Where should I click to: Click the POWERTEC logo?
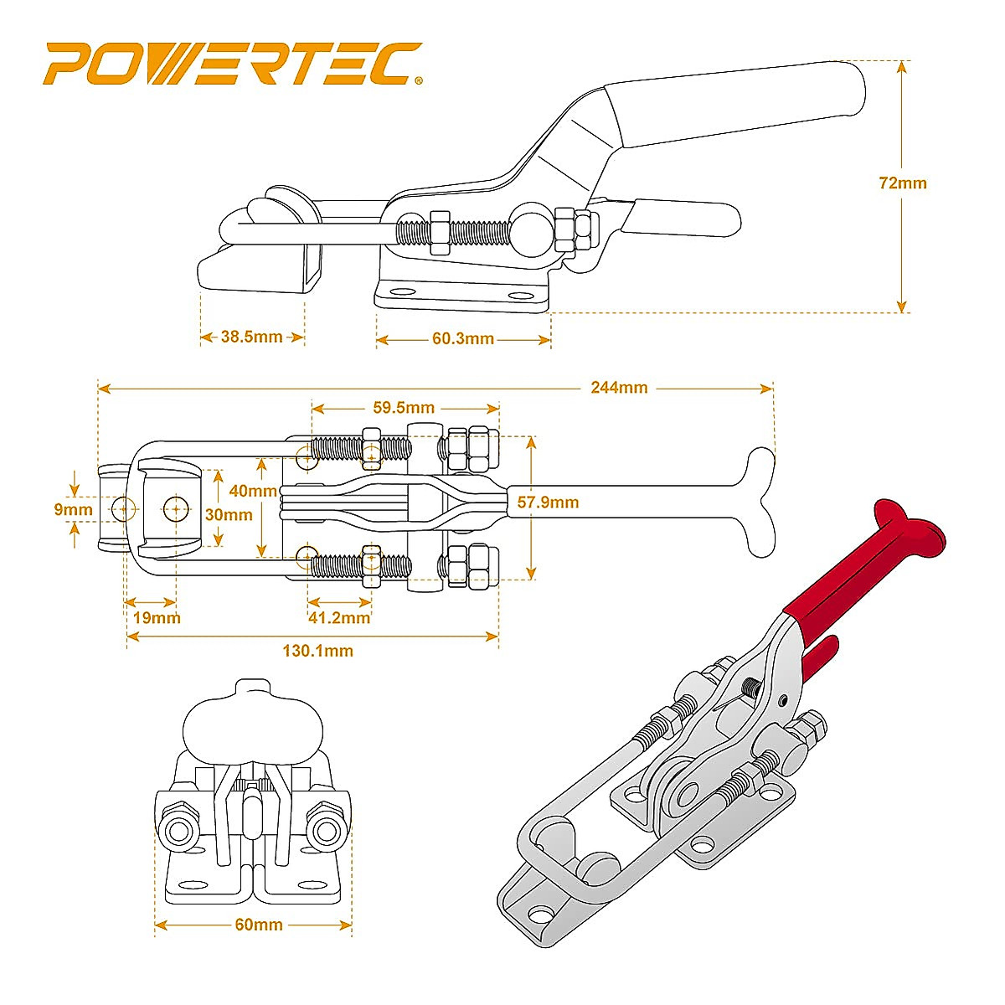pos(233,64)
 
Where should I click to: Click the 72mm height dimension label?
pos(903,183)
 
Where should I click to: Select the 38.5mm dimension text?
pos(251,337)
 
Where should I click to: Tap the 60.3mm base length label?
pos(463,339)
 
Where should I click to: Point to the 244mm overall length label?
pos(618,387)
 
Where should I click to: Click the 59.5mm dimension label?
pos(404,408)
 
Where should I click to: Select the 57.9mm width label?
pos(549,502)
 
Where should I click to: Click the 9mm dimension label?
pos(73,508)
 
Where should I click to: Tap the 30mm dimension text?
pos(229,514)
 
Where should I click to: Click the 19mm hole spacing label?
pos(157,618)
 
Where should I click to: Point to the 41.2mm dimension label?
pos(339,618)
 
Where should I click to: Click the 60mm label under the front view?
pos(258,925)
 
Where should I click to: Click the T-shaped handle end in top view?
pos(758,502)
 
